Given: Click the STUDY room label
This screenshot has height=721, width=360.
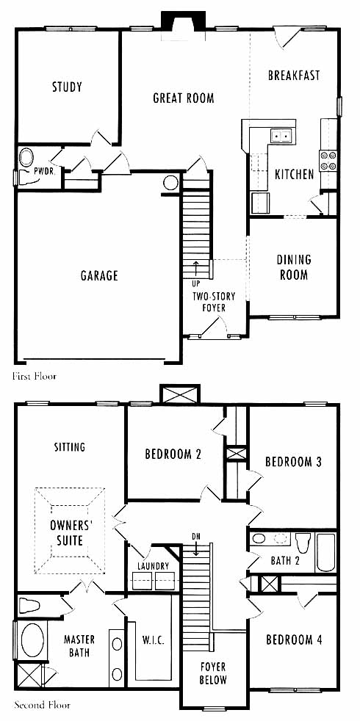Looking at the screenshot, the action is pos(67,87).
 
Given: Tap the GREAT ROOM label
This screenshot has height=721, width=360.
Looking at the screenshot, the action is pos(183,98).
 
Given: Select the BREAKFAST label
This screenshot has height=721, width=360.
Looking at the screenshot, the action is pos(294,76).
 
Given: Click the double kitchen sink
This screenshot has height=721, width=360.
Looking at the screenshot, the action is pos(281,136).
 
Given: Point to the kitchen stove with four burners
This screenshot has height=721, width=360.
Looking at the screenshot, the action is pos(328,161).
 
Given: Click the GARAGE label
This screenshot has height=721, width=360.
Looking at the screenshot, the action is pos(99,275).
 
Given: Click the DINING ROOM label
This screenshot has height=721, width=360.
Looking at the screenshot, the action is pos(294,267).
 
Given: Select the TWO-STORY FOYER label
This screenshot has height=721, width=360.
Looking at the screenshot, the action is pos(214,302).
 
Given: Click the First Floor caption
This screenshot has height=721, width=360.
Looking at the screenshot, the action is pos(35,377).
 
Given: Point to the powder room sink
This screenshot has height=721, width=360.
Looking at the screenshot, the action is pos(26,157).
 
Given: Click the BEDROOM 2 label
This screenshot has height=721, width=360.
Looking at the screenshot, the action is pos(173,454).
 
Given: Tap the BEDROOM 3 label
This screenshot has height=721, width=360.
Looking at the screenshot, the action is pos(293,462).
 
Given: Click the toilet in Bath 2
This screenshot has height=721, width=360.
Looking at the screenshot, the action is pos(303,543).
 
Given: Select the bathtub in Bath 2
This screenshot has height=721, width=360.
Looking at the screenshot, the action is pos(326,552).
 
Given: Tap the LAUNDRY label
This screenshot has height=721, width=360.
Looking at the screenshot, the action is pos(154,565).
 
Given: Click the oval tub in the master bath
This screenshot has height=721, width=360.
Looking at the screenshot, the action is pos(32,640).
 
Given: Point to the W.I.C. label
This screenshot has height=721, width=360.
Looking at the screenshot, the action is pos(152,640).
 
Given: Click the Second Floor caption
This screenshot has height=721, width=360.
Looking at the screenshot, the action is pos(42,704).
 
